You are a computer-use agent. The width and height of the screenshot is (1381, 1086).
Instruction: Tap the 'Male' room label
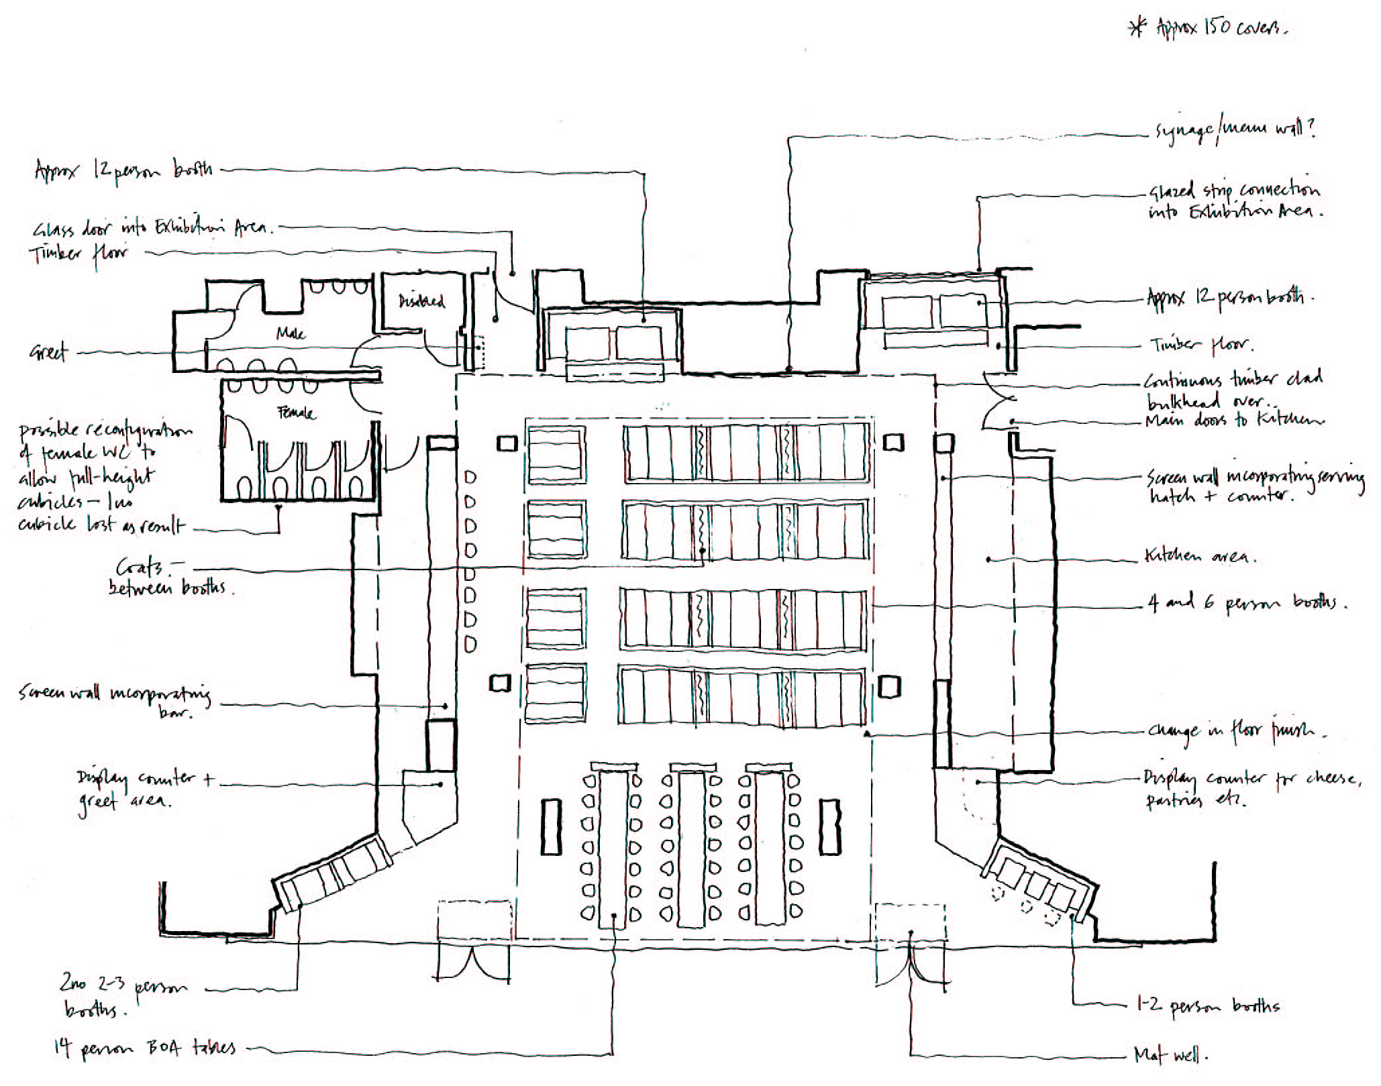pos(291,333)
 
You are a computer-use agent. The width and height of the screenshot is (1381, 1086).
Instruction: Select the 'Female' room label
pos(295,413)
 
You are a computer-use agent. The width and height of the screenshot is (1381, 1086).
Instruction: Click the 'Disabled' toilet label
pos(422,301)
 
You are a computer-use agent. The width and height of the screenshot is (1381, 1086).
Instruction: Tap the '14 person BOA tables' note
pos(145,1048)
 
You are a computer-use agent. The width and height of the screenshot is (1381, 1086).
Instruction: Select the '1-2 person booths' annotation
pos(1208,1006)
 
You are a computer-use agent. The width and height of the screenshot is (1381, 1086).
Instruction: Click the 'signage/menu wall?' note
pos(1234,129)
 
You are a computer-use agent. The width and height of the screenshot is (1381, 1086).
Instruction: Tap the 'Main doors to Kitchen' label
pos(1235,421)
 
